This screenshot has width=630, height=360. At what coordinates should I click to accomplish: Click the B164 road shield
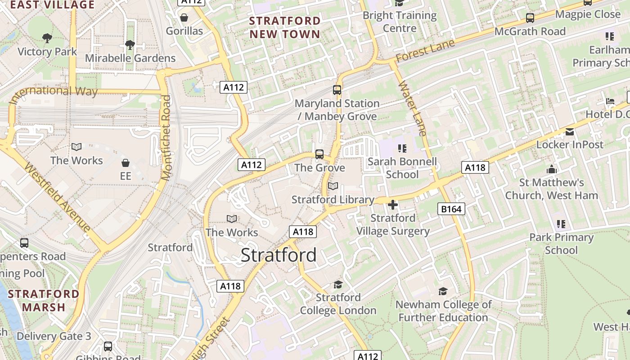click(x=451, y=209)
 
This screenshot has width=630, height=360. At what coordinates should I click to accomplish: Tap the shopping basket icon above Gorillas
click(x=184, y=18)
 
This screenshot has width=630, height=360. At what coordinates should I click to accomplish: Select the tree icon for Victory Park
click(x=47, y=38)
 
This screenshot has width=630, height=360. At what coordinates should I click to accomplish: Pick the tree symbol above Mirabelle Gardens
click(x=130, y=45)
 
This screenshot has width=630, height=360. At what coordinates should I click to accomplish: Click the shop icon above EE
click(x=126, y=162)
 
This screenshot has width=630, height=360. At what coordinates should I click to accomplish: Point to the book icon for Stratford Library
click(x=333, y=186)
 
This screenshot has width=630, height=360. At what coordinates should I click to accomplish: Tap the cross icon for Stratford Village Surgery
click(x=393, y=205)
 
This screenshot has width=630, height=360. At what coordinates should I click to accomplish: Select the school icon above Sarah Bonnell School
click(x=402, y=148)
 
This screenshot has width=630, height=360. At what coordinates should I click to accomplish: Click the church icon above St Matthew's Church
click(x=552, y=169)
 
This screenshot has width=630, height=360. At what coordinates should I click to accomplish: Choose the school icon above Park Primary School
click(x=561, y=224)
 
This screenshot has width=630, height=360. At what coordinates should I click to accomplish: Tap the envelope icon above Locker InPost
click(x=570, y=132)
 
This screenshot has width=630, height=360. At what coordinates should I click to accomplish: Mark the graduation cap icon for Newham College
click(x=443, y=291)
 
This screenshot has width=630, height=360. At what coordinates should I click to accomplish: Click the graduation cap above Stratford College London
click(x=338, y=284)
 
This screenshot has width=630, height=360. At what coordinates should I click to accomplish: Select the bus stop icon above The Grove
click(x=319, y=154)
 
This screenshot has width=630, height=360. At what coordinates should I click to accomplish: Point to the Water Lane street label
click(x=412, y=108)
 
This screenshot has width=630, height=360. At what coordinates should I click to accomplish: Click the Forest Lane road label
click(x=425, y=51)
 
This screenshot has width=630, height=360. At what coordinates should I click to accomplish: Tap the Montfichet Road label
click(x=166, y=138)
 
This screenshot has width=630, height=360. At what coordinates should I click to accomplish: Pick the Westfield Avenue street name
click(x=57, y=197)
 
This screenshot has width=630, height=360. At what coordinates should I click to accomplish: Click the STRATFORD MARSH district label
click(x=44, y=301)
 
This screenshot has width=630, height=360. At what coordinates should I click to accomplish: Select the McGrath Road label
click(x=530, y=31)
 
